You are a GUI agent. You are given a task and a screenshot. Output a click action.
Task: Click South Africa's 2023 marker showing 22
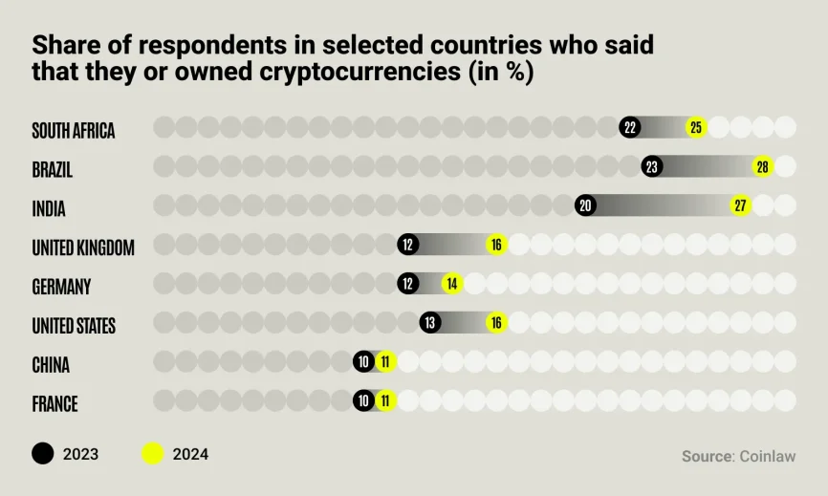pos(629,127)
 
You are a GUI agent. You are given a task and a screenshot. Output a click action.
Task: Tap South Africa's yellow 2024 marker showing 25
pos(696,127)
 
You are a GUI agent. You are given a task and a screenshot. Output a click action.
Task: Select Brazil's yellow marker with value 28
pos(762,166)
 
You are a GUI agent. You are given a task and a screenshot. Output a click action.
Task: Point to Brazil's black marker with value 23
pos(652,166)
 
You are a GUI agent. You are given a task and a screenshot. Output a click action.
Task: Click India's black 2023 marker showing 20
pos(586,205)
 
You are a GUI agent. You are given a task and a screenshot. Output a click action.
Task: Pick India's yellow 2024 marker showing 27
pos(741,205)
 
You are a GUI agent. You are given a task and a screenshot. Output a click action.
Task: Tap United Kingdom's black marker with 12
pos(408,245)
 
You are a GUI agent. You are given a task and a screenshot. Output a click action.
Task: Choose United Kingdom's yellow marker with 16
pos(496,245)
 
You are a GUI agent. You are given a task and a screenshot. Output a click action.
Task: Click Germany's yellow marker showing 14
pos(452,284)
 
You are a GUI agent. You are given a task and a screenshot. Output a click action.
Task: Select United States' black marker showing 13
pos(430,323)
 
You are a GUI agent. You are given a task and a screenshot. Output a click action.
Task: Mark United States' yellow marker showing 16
pos(496,323)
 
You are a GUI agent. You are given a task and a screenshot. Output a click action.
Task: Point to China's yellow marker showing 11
pos(385,362)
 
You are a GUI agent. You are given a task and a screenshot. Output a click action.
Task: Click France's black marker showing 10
pos(363,401)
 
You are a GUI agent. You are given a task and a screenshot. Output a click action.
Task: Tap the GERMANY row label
pos(61,287)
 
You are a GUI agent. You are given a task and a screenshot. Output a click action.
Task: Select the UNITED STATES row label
pos(74,326)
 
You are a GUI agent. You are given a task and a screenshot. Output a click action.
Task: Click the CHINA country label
pos(51,365)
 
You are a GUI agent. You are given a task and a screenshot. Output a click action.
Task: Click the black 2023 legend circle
pos(43,454)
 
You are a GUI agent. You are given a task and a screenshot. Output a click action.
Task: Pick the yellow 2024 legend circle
pos(153,454)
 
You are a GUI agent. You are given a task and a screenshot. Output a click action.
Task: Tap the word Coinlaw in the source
pos(767,457)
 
